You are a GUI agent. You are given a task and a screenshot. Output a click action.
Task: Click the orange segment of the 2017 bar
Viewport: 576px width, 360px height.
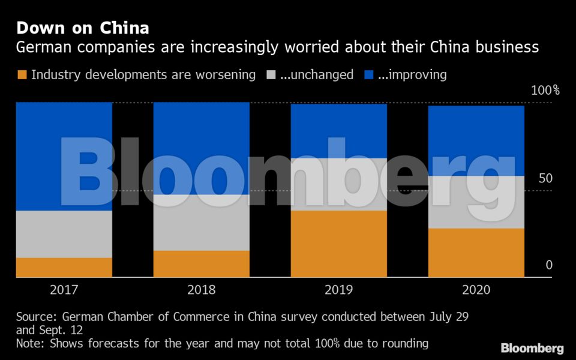[64, 267]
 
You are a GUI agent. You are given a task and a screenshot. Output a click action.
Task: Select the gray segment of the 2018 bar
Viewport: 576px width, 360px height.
[202, 223]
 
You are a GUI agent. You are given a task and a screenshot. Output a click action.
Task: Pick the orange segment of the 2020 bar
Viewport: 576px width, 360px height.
[476, 253]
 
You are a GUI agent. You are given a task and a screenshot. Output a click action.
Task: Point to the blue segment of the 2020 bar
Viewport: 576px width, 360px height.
[476, 140]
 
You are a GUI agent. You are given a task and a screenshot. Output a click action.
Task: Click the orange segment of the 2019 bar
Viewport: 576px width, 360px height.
[339, 244]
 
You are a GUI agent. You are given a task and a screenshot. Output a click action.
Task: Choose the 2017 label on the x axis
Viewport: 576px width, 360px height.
[64, 290]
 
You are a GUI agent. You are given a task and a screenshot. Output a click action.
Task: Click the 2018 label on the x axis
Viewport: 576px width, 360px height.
[202, 290]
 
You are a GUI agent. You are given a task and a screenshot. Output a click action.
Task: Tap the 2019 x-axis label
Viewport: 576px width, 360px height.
[339, 290]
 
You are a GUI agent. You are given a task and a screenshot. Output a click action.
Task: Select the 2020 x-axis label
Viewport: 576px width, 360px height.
[476, 290]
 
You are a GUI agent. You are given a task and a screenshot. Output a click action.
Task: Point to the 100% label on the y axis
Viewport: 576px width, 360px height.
[545, 91]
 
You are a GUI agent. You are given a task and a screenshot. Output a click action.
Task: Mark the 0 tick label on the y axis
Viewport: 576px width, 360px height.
[549, 265]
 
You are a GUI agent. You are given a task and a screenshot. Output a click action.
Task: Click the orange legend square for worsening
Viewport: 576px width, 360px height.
[22, 75]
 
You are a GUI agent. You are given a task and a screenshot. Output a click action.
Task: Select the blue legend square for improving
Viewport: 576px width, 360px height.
[369, 75]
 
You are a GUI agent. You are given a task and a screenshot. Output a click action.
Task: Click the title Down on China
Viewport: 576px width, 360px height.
[83, 28]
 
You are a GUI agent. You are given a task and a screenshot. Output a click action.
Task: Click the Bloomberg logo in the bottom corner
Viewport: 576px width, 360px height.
[532, 348]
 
